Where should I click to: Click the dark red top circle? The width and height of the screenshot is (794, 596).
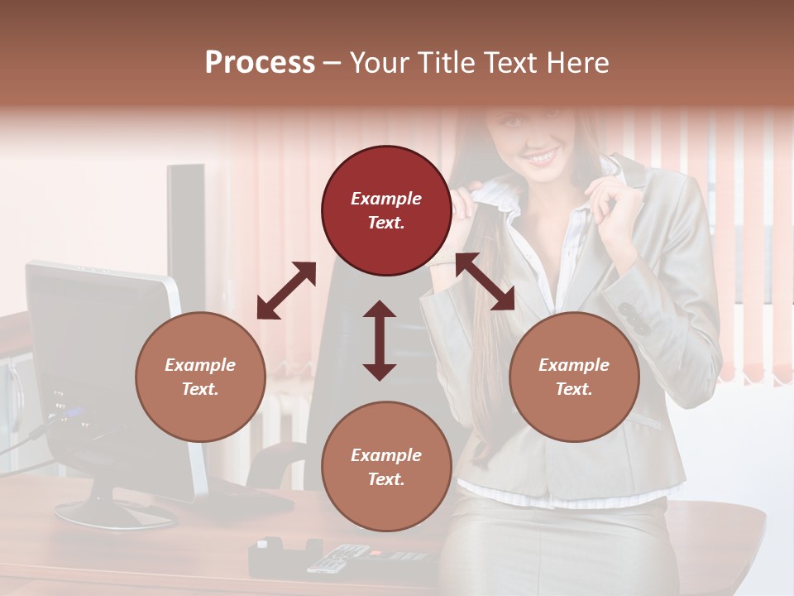click(x=386, y=210)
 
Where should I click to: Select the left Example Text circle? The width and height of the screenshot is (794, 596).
click(x=200, y=377)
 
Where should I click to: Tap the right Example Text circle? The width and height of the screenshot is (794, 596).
click(x=574, y=377)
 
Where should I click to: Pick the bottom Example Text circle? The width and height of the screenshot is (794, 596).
click(x=386, y=467)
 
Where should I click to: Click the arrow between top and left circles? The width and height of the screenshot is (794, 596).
click(x=286, y=291)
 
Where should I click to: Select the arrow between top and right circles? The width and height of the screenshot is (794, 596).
click(x=485, y=281)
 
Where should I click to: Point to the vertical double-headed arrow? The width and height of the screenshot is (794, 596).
click(x=380, y=340)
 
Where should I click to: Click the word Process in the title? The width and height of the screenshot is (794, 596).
click(x=260, y=63)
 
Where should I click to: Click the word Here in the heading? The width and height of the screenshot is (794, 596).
click(x=579, y=63)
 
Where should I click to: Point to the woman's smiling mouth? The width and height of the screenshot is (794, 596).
click(x=542, y=156)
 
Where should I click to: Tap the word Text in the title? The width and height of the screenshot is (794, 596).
click(x=509, y=63)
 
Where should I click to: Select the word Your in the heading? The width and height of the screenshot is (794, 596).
click(x=380, y=63)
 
